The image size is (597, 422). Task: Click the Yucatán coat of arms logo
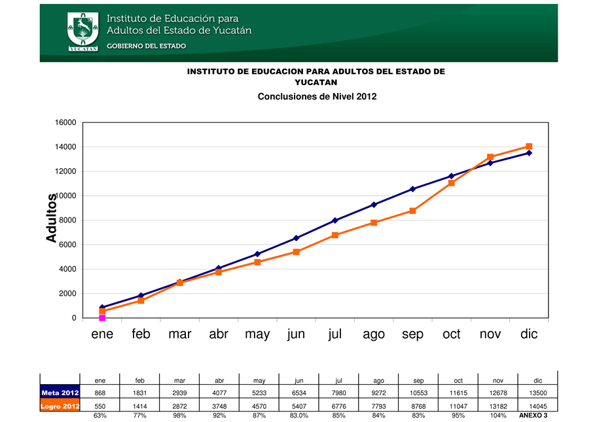[82, 31]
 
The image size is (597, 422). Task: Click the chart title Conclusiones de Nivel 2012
[317, 96]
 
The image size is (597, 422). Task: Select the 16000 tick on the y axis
[68, 122]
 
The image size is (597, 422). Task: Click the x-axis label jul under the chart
[335, 334]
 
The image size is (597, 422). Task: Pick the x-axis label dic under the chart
[529, 334]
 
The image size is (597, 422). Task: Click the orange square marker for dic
[529, 147]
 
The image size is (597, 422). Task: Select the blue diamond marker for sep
[412, 189]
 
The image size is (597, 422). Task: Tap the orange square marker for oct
[452, 183]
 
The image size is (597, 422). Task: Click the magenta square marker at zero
[102, 318]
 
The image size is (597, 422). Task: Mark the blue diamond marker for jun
[296, 238]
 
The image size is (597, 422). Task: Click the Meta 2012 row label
[60, 393]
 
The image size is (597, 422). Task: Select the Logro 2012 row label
[60, 406]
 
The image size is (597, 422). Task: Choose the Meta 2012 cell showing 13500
[537, 393]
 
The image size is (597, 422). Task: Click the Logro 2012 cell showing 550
[100, 406]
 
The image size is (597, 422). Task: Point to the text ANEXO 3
[533, 415]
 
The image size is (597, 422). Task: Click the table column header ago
[378, 379]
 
